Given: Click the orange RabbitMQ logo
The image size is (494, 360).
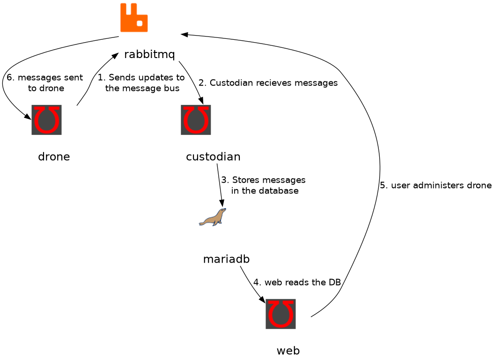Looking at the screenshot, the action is (134, 17).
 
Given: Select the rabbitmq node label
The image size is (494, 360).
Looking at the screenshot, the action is (149, 54).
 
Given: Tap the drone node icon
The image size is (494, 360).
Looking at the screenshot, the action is (47, 120).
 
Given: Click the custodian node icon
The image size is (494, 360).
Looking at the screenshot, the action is (196, 120).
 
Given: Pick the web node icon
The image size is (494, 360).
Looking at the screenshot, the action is (280, 314).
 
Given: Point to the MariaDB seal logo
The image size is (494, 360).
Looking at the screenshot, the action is (212, 217).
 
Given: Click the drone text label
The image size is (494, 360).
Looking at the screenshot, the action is (54, 156).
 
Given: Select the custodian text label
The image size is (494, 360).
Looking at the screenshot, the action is (213, 156).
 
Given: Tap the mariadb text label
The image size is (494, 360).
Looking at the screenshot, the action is (226, 259).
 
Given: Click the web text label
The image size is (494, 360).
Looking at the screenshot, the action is (288, 351).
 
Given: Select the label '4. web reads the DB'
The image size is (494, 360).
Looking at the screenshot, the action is (297, 282).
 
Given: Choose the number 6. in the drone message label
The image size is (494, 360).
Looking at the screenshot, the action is (11, 78).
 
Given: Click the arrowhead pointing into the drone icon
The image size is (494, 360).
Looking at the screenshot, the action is (28, 117).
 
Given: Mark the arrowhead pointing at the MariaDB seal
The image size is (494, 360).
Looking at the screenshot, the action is (222, 204).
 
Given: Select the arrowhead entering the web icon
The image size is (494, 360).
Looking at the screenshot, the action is (262, 300).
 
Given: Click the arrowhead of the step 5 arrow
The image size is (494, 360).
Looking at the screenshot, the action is (184, 34).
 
